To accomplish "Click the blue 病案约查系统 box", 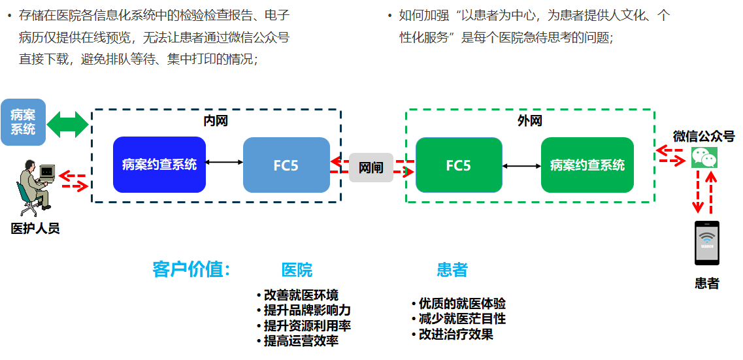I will coord(159,165).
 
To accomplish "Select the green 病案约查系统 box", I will coord(587,165).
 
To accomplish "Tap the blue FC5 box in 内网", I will coord(286,165).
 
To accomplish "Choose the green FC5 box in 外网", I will coord(459,165).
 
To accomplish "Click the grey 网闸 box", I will coord(371,167).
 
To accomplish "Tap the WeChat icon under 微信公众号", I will coord(704,157).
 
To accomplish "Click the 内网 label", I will coord(216,121).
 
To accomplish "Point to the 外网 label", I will coord(529,121).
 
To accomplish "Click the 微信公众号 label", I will coord(704,137).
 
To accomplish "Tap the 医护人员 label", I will coord(35,228).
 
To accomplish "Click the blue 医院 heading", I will coord(297,270).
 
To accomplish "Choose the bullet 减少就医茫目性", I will coord(461,319).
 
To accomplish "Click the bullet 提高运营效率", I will coord(300,340).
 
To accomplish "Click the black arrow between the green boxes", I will coord(521,166).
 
